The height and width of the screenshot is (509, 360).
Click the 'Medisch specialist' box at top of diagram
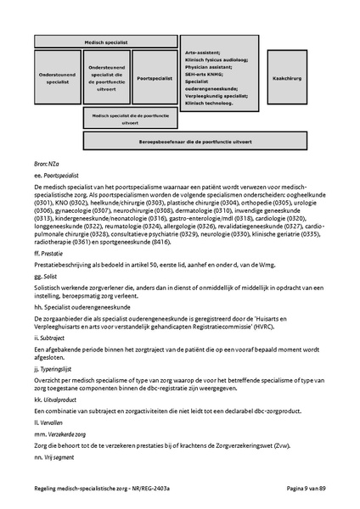tap(111, 42)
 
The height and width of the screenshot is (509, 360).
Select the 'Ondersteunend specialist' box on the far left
tap(57, 77)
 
